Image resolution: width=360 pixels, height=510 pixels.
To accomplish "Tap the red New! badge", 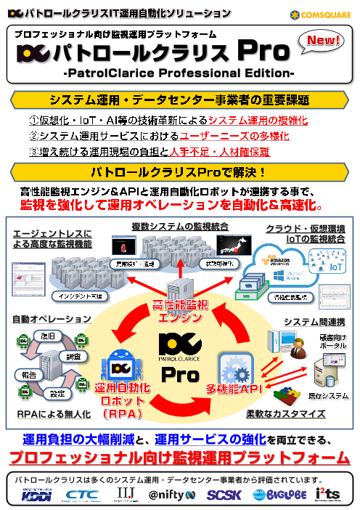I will pos(325,41).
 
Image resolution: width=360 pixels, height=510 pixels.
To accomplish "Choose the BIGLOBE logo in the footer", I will pos(272,495).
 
